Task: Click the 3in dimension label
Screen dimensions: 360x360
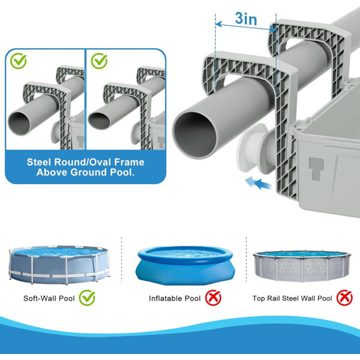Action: (246, 19)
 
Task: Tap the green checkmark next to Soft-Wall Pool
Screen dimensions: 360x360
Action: (87, 298)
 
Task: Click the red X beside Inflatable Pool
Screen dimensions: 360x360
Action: (213, 298)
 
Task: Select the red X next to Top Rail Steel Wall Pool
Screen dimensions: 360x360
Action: (344, 298)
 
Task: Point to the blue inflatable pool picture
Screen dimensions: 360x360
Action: (185, 265)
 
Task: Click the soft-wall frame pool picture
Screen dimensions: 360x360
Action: (59, 265)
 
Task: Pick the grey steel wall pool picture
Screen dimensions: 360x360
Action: (302, 266)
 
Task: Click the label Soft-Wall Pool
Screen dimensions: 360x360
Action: (49, 298)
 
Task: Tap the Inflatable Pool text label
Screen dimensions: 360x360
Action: (175, 298)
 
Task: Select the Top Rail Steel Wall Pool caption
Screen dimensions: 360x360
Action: (292, 298)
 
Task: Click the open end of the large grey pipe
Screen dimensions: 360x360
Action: (194, 136)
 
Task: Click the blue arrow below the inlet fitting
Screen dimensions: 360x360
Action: (259, 184)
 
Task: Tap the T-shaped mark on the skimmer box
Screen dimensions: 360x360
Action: (316, 169)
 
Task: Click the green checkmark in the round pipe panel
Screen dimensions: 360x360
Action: (19, 61)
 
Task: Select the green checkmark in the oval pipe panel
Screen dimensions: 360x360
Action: (99, 61)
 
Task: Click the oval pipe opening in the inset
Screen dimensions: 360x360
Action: (100, 121)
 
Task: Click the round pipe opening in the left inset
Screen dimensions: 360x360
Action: (19, 123)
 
